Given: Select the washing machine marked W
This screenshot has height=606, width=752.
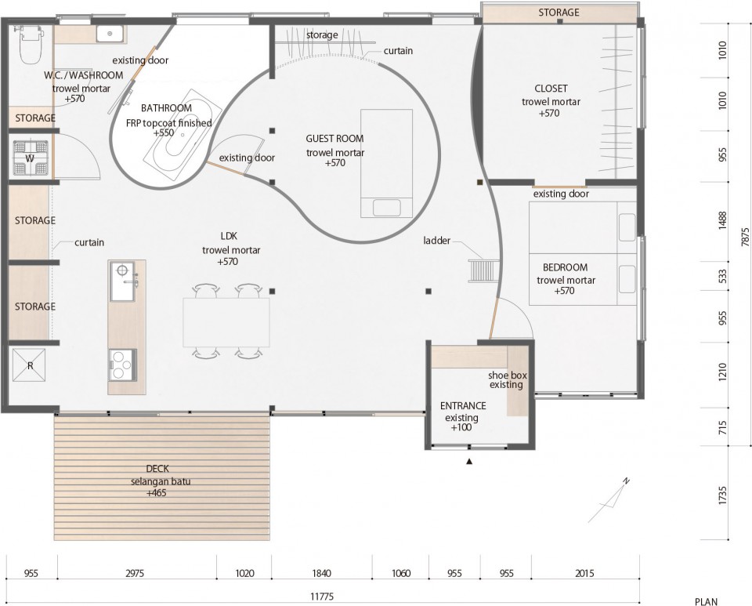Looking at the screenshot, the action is pyautogui.click(x=31, y=158).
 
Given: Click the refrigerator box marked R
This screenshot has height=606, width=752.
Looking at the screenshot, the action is pyautogui.click(x=29, y=365).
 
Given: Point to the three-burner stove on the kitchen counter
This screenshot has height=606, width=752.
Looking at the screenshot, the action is pyautogui.click(x=121, y=365).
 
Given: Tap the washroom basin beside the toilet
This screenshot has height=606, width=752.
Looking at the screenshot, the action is pyautogui.click(x=110, y=34).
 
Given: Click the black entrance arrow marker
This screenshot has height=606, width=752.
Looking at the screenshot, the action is pyautogui.click(x=469, y=462).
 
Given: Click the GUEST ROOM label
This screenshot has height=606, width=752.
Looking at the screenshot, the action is pyautogui.click(x=334, y=139).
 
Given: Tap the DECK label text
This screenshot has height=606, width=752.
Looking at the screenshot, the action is pyautogui.click(x=157, y=469).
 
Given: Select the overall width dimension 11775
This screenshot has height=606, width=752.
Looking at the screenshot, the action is pyautogui.click(x=322, y=597).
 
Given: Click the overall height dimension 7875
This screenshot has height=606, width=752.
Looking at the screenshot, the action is pyautogui.click(x=745, y=237).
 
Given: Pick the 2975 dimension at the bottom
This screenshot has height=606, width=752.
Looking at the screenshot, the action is pyautogui.click(x=135, y=573).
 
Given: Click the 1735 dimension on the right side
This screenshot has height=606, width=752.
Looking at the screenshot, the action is pyautogui.click(x=723, y=495).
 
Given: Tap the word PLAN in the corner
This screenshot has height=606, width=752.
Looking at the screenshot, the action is pyautogui.click(x=707, y=601).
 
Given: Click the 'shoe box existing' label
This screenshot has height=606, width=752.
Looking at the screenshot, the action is pyautogui.click(x=508, y=380).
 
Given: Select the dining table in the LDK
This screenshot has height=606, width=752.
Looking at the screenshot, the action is pyautogui.click(x=226, y=322).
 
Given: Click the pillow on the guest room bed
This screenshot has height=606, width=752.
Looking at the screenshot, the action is pyautogui.click(x=386, y=209).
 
